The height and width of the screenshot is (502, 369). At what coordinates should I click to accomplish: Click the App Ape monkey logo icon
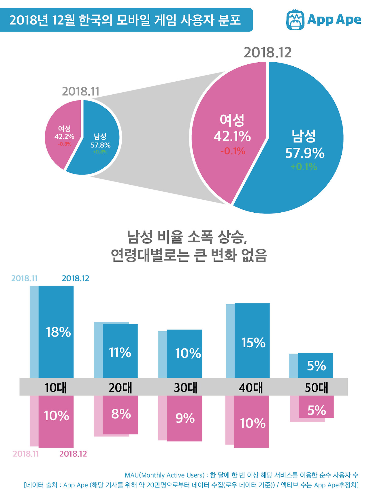(295, 20)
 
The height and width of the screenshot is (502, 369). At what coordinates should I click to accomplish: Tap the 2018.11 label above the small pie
(81, 92)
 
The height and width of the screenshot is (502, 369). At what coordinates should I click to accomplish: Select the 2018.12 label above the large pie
(268, 53)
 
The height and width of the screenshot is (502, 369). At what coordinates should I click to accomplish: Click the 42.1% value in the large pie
(232, 136)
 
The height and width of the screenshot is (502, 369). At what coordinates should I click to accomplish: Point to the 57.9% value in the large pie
(305, 153)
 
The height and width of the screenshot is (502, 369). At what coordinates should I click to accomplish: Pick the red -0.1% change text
(233, 151)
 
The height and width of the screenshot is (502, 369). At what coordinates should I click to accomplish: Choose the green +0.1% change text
(304, 167)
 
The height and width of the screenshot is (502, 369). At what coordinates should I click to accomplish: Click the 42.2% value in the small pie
(64, 136)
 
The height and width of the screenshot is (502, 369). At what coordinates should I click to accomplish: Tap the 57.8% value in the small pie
(101, 145)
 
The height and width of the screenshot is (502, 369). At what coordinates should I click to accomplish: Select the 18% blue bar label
(58, 332)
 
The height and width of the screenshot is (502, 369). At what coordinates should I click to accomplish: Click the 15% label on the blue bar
(253, 343)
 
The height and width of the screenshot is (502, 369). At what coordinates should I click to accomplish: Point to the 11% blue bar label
(120, 353)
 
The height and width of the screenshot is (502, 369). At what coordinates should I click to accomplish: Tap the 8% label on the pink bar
(121, 414)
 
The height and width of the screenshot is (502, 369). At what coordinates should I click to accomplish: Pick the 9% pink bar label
(185, 418)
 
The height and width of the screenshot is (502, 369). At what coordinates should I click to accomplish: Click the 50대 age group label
(317, 387)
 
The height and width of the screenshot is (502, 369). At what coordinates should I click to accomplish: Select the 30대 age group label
(186, 387)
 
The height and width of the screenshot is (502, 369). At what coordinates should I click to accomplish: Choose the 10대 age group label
(56, 387)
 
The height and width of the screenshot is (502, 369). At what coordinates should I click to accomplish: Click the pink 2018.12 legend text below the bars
(73, 454)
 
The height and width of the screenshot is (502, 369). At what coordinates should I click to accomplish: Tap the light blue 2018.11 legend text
(25, 278)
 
